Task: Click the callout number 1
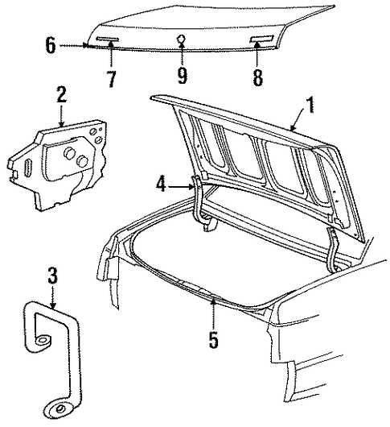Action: point(310,105)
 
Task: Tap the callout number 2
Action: point(62,94)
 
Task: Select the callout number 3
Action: point(53,276)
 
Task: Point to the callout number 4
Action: point(161,184)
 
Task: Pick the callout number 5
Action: point(214,340)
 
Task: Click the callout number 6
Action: point(51,45)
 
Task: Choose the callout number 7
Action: point(112,79)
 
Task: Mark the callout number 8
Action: point(257,77)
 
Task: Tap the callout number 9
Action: point(182,77)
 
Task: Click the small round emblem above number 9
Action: point(182,39)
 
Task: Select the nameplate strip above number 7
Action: point(108,39)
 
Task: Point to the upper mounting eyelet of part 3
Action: point(41,341)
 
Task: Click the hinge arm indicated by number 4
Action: point(199,199)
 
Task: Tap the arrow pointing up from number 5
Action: point(214,313)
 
